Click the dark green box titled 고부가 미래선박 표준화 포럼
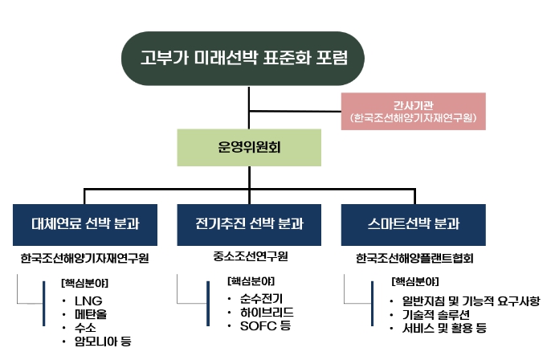250,57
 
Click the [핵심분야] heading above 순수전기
251,281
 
